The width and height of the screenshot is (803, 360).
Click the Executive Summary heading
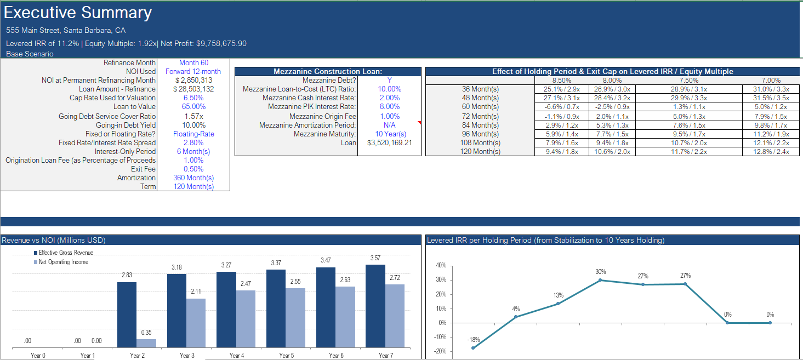tap(78, 13)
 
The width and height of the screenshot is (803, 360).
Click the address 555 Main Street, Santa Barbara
tap(66, 31)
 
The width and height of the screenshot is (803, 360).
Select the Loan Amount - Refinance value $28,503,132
tap(193, 89)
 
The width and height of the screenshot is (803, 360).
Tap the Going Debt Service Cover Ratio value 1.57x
tap(193, 116)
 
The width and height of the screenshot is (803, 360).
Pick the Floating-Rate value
tap(193, 134)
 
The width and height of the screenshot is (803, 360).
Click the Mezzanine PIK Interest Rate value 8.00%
tap(389, 106)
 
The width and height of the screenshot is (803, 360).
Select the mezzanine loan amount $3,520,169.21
tap(389, 142)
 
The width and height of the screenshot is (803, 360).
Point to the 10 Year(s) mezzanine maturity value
tap(390, 134)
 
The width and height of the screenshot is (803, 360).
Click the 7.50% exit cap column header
tap(688, 80)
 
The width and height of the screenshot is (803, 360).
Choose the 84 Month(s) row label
tap(480, 125)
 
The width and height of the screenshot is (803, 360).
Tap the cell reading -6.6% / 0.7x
tap(561, 107)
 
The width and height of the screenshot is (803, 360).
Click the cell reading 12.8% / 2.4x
tap(771, 152)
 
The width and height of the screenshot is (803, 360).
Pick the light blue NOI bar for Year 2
tap(146, 343)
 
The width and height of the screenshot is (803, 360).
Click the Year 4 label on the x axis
tap(237, 356)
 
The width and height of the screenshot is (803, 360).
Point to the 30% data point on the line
tap(600, 280)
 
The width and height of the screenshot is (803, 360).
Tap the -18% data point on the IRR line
tap(473, 348)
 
